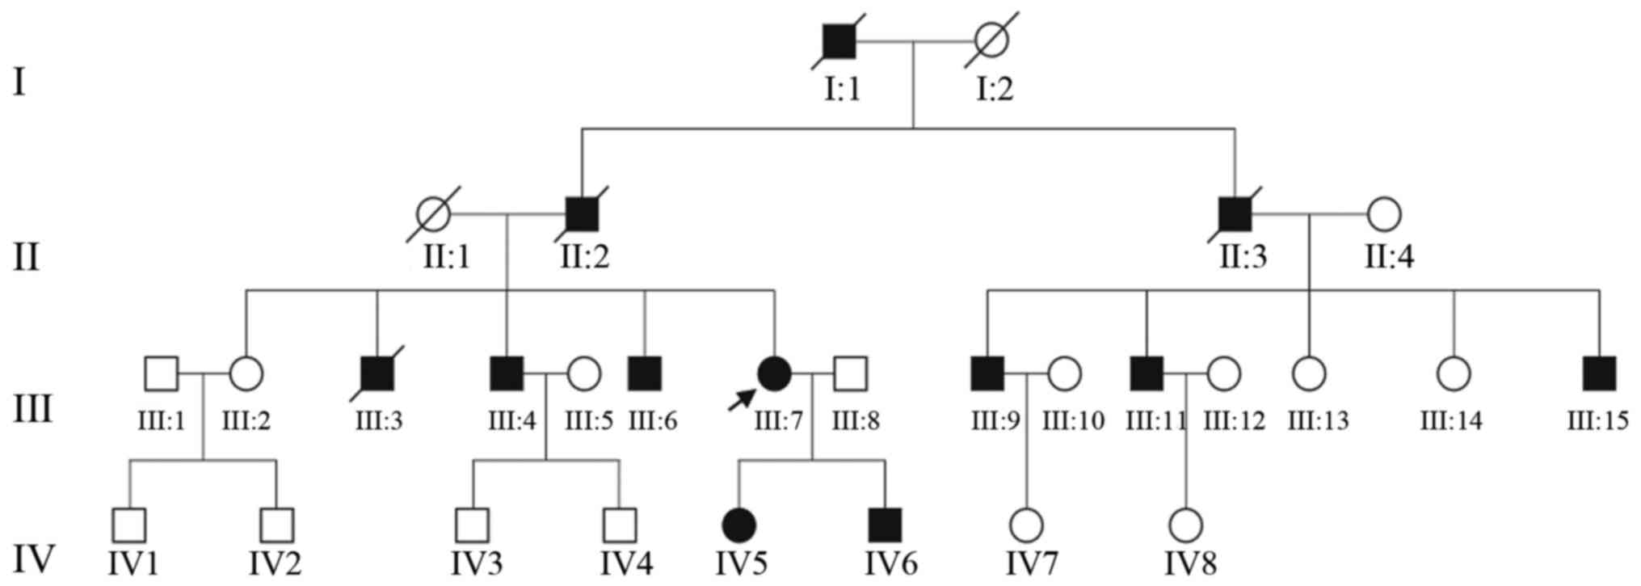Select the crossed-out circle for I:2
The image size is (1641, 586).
pyautogui.click(x=991, y=40)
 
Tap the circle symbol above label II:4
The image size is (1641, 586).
pyautogui.click(x=1384, y=214)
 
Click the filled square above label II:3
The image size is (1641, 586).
pyautogui.click(x=1234, y=214)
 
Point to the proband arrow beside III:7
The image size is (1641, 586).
pyautogui.click(x=742, y=398)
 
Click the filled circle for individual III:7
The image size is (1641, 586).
pyautogui.click(x=774, y=373)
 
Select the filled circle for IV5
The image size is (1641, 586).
pyautogui.click(x=738, y=525)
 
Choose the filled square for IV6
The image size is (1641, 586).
pyautogui.click(x=885, y=525)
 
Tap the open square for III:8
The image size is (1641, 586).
pyautogui.click(x=850, y=373)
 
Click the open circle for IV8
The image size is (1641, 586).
pyautogui.click(x=1186, y=525)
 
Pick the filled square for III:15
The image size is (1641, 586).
pyautogui.click(x=1599, y=373)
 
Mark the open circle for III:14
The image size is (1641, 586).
pyautogui.click(x=1454, y=373)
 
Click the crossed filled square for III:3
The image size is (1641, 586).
pyautogui.click(x=377, y=373)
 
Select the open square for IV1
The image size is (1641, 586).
pyautogui.click(x=129, y=525)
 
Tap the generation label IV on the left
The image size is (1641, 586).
pyautogui.click(x=34, y=559)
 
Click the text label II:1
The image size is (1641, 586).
pyautogui.click(x=446, y=258)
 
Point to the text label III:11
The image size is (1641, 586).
pyautogui.click(x=1156, y=421)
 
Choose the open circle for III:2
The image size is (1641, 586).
pyautogui.click(x=246, y=373)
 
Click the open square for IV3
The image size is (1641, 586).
pyautogui.click(x=472, y=525)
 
